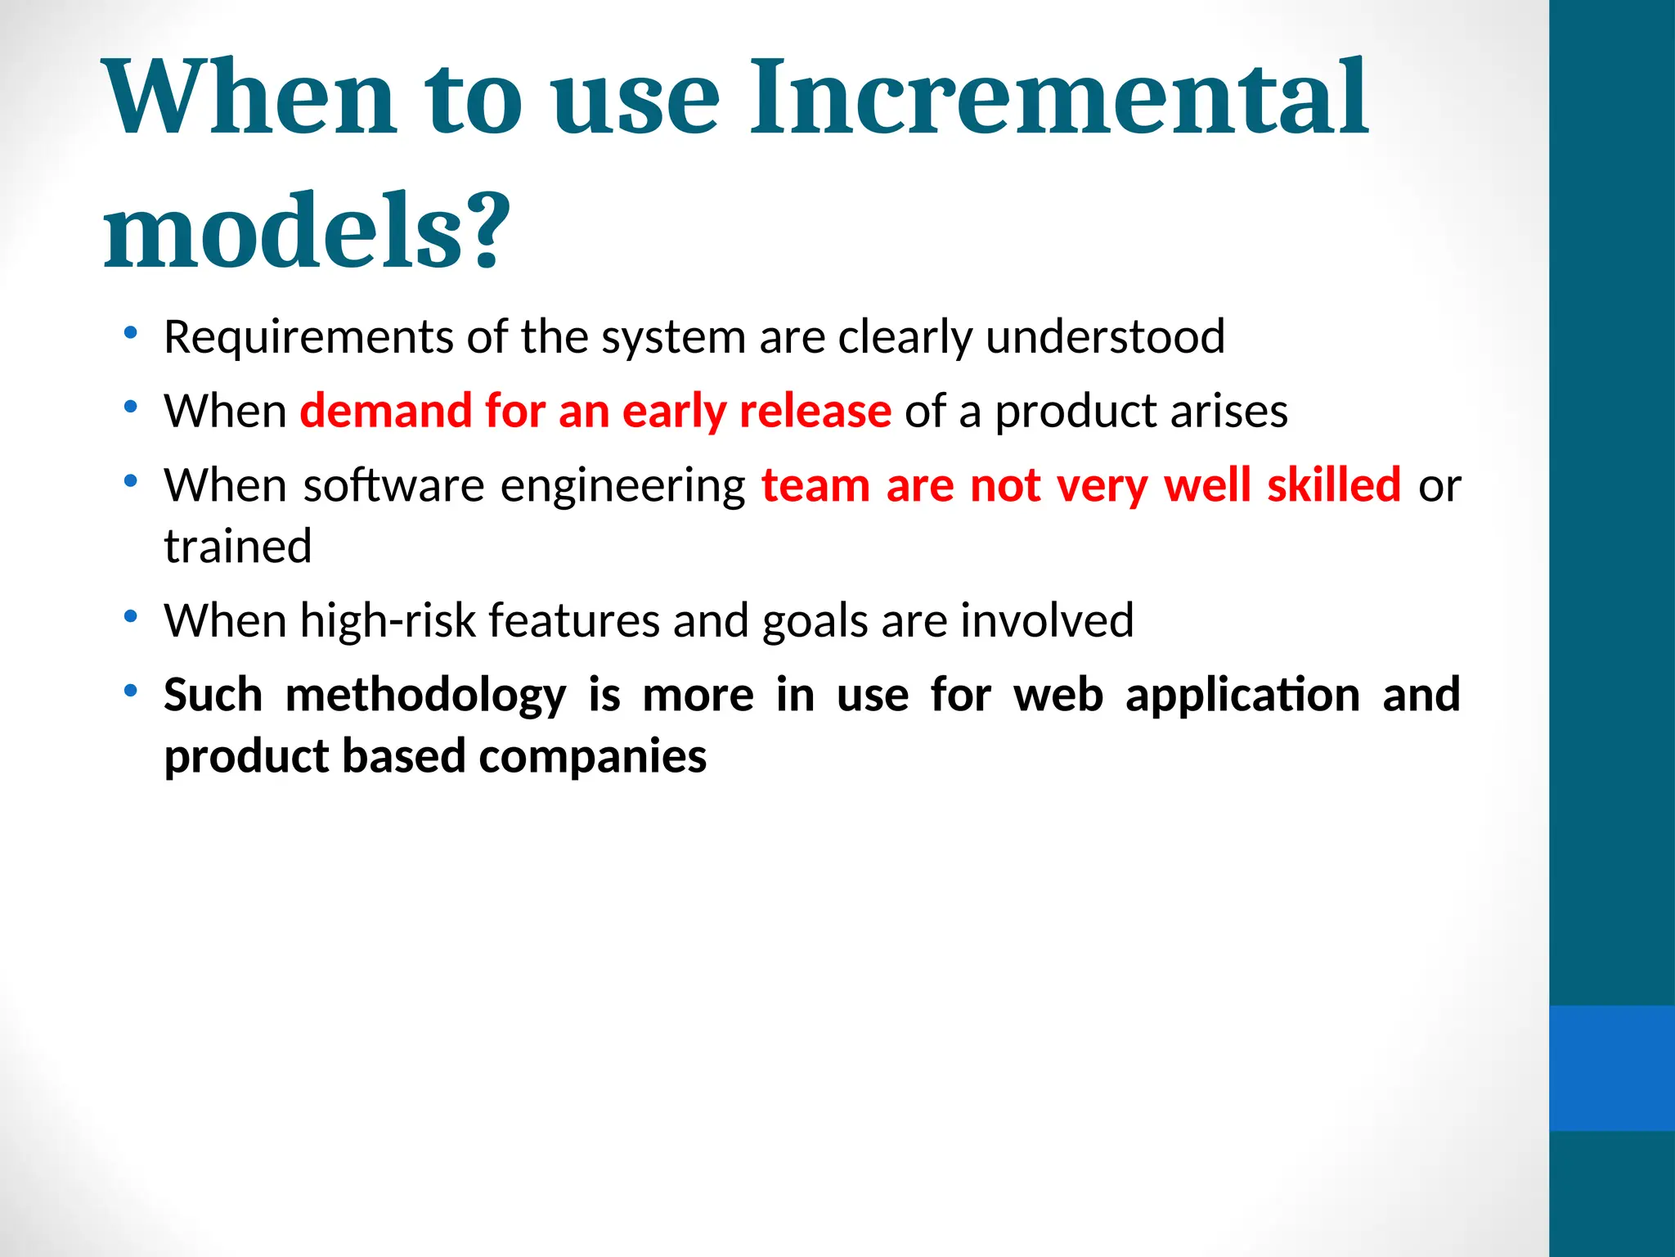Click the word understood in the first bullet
tap(1105, 337)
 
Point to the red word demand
tap(385, 411)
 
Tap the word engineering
tap(622, 487)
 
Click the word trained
tap(237, 546)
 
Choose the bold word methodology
tap(425, 696)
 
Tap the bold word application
tap(1242, 695)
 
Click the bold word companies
tap(592, 756)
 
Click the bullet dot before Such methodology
tap(130, 692)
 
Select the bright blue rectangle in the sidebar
tap(1611, 1068)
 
